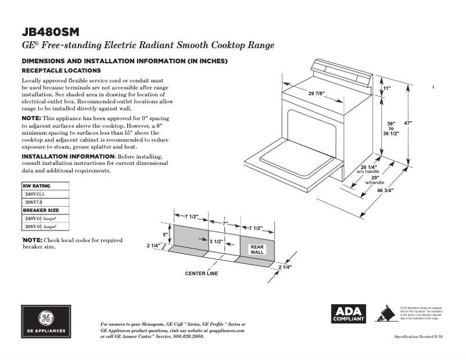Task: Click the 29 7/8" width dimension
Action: pyautogui.click(x=316, y=94)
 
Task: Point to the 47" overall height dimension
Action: pyautogui.click(x=408, y=123)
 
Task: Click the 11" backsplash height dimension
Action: pyautogui.click(x=387, y=88)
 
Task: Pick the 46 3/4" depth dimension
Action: pyautogui.click(x=385, y=190)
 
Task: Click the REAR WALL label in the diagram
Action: pyautogui.click(x=257, y=249)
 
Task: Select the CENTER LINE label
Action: pyautogui.click(x=202, y=273)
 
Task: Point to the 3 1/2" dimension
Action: pyautogui.click(x=217, y=240)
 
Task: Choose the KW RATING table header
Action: pyautogui.click(x=37, y=186)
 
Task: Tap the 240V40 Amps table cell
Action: pyautogui.click(x=40, y=218)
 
